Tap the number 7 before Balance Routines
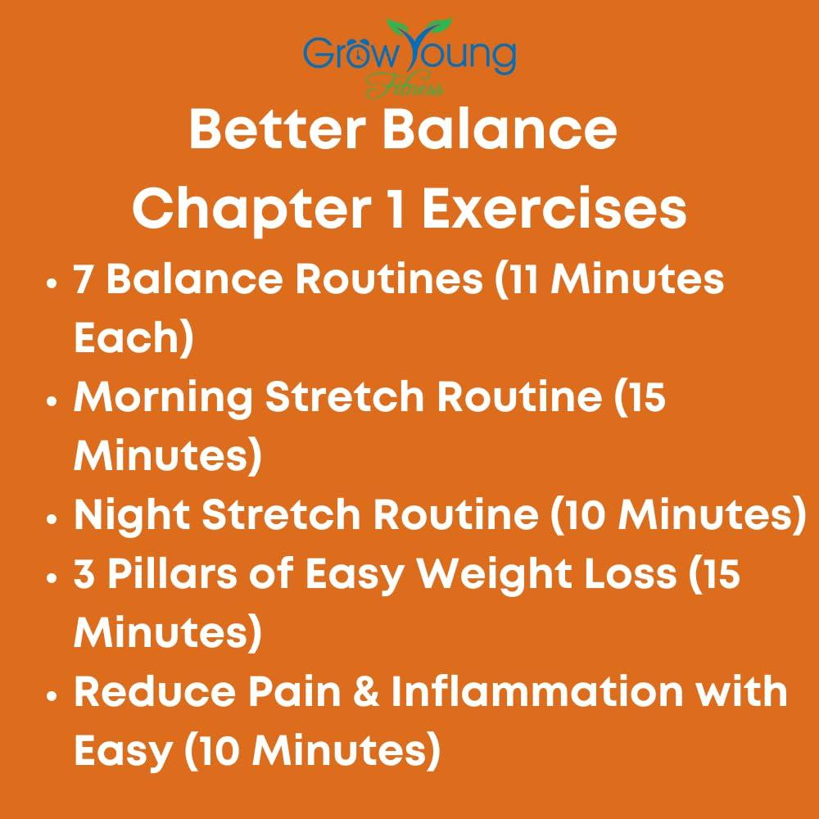(84, 281)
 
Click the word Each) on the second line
(133, 338)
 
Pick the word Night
(131, 515)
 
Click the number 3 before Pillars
(85, 574)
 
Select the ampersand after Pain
(369, 692)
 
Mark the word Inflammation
(536, 692)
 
